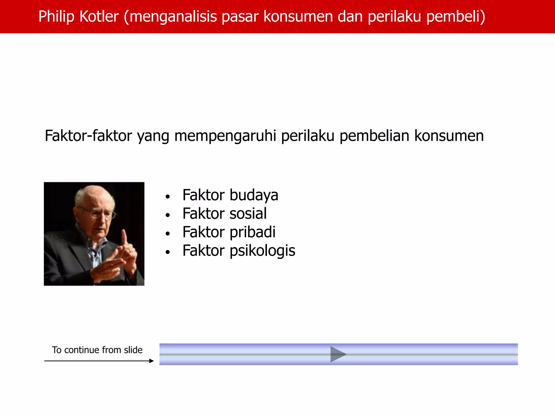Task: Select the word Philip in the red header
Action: (56, 17)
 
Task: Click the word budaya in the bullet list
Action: (254, 196)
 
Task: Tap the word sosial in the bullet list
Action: (248, 213)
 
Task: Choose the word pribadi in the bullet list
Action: (252, 232)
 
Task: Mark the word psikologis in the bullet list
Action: (262, 251)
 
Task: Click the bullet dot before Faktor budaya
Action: (168, 197)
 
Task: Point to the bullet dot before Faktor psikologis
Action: (168, 252)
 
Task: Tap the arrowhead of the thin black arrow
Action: (151, 361)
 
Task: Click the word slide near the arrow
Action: (133, 350)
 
